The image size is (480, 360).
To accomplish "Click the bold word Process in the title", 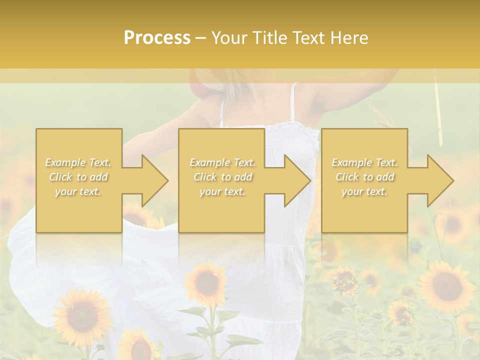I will click(157, 38).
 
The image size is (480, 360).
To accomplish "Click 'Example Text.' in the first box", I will click(78, 162).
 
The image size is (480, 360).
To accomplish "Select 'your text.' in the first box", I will click(78, 191).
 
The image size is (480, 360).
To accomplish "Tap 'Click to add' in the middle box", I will click(222, 177).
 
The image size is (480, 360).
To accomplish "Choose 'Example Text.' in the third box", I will click(364, 162).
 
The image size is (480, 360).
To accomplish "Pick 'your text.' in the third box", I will click(364, 191).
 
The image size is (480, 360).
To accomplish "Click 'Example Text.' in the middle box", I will click(222, 162).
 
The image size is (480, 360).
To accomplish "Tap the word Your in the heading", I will click(228, 38).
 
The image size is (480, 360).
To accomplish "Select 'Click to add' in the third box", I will click(364, 177).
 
